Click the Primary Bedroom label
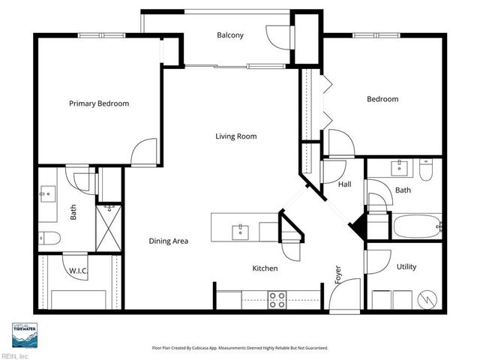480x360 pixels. point(99,103)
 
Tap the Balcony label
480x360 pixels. point(230,35)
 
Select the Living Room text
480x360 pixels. point(236,136)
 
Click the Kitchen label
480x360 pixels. point(265,268)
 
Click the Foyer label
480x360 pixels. point(338,274)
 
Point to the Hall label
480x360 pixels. point(344,184)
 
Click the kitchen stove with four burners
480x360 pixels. point(277,300)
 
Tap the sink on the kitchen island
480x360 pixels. point(241,229)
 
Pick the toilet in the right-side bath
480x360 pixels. point(427,172)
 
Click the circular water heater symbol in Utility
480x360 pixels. point(426,299)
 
